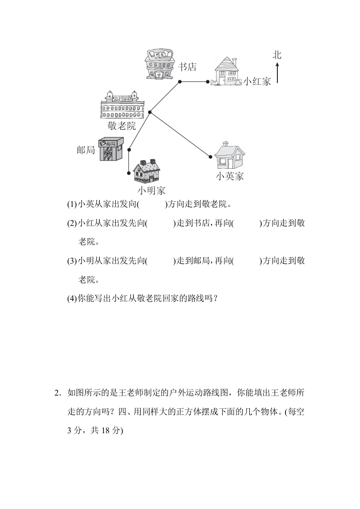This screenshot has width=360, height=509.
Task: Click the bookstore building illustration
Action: (x=159, y=64)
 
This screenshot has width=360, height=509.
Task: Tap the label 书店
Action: (x=187, y=67)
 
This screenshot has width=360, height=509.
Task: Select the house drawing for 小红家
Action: (x=227, y=72)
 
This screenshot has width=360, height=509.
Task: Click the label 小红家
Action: (x=257, y=81)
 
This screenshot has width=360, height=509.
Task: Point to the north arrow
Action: (x=277, y=73)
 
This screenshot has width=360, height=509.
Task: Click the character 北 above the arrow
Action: (x=277, y=55)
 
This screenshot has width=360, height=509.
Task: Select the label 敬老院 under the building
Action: (x=122, y=126)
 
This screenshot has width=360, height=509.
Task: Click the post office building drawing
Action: (x=111, y=149)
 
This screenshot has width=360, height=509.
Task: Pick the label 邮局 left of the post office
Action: (x=86, y=150)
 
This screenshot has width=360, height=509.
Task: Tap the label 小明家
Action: (x=152, y=191)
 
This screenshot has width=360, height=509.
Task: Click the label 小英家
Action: (x=230, y=176)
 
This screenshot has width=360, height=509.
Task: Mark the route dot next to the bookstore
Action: (x=179, y=82)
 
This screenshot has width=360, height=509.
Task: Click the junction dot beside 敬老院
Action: (x=150, y=113)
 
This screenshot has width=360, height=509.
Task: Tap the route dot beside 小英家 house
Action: (x=211, y=157)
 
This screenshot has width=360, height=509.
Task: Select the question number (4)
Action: (x=72, y=299)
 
